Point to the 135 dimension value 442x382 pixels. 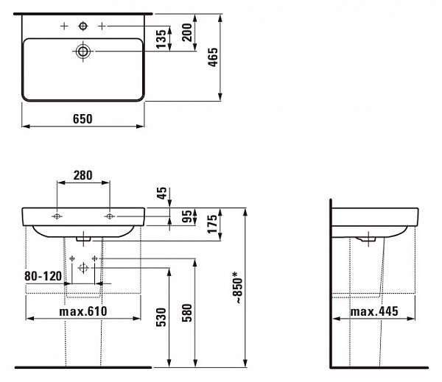click(161, 38)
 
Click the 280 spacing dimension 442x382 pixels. click(83, 175)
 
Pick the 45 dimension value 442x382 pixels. click(163, 194)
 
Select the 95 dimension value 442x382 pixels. click(187, 217)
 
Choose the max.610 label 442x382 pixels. click(83, 311)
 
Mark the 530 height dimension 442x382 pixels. click(161, 318)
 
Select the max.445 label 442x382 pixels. click(373, 311)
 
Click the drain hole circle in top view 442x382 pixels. click(83, 51)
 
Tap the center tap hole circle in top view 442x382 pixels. click(83, 26)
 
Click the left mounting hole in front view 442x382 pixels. click(57, 216)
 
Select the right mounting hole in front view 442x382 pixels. click(110, 216)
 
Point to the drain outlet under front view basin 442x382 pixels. click(83, 238)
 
